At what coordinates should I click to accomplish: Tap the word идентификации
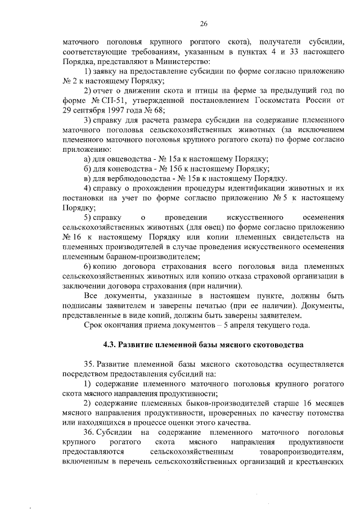(249, 188)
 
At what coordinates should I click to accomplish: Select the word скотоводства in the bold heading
(276, 344)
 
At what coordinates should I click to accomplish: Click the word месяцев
(327, 403)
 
